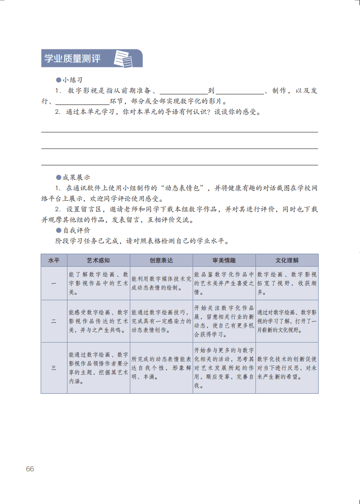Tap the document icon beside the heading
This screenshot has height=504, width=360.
124,58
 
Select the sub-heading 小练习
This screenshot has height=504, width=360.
72,80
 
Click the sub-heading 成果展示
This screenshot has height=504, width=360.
76,177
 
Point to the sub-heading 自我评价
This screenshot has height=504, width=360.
76,230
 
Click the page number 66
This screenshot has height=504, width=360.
30,469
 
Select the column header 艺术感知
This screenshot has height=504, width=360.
98,260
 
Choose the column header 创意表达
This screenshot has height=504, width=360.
161,260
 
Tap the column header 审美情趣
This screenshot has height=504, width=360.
224,260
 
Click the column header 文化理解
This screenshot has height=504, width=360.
287,260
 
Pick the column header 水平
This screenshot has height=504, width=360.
54,260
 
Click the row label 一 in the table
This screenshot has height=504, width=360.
54,283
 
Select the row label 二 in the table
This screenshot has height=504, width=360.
54,321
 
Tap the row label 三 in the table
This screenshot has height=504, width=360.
54,367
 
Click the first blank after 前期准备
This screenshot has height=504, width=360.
183,91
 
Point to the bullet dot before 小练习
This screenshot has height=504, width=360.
58,80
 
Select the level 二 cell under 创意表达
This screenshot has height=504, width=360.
161,321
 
